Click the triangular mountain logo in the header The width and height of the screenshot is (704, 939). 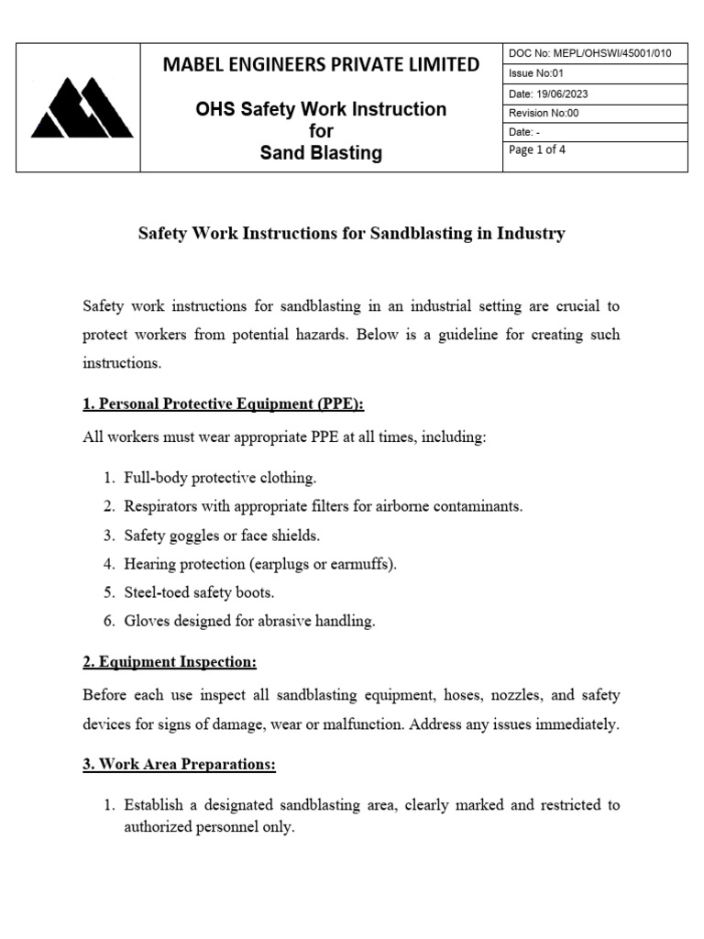pyautogui.click(x=82, y=107)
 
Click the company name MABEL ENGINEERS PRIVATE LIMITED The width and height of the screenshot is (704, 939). pyautogui.click(x=321, y=64)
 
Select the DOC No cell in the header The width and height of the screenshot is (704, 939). pyautogui.click(x=589, y=53)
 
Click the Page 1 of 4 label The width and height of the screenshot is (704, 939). pyautogui.click(x=536, y=151)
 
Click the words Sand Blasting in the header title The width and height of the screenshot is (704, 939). pyautogui.click(x=321, y=153)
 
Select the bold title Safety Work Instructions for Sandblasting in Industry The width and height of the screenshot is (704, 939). pyautogui.click(x=351, y=234)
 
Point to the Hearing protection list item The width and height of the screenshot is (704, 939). pyautogui.click(x=260, y=563)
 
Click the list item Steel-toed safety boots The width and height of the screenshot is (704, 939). pyautogui.click(x=199, y=592)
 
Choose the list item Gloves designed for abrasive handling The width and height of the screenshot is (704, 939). pyautogui.click(x=249, y=621)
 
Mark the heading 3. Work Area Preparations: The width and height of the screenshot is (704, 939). pyautogui.click(x=179, y=764)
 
